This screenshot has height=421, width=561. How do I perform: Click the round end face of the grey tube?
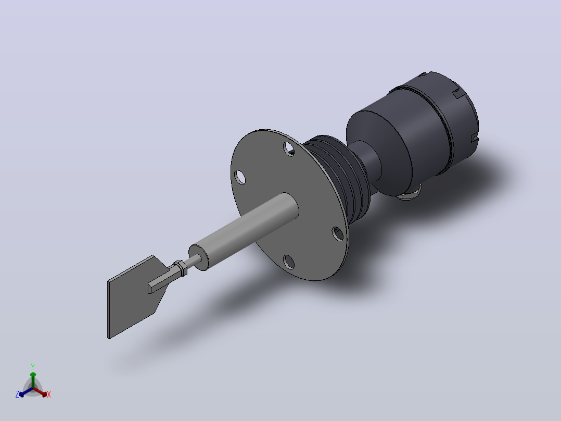pyautogui.click(x=199, y=257)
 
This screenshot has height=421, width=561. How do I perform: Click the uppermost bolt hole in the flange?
pyautogui.click(x=289, y=149)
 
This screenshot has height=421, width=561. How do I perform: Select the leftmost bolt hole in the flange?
pyautogui.click(x=240, y=177)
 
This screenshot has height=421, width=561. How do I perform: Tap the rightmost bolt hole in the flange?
pyautogui.click(x=338, y=233)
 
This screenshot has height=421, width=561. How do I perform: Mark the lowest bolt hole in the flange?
pyautogui.click(x=289, y=262)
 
